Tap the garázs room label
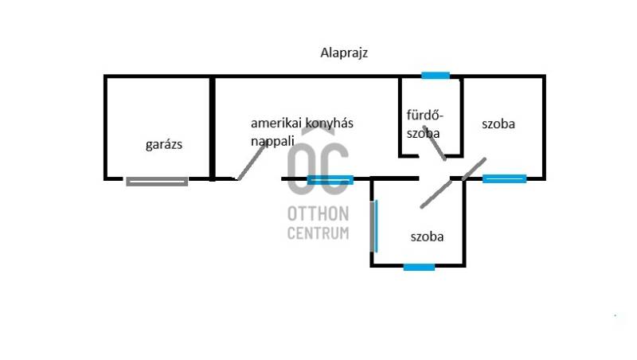(165, 145)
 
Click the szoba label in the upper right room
(498, 124)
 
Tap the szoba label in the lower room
(427, 237)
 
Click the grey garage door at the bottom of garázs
(157, 182)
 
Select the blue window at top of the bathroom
(436, 76)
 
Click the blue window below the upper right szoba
(504, 178)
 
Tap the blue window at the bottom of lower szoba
(419, 267)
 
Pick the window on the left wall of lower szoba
(374, 226)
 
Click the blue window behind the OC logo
(330, 179)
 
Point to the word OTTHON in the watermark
(318, 215)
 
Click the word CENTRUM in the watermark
(318, 233)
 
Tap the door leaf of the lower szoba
(436, 194)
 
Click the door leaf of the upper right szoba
(474, 169)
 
